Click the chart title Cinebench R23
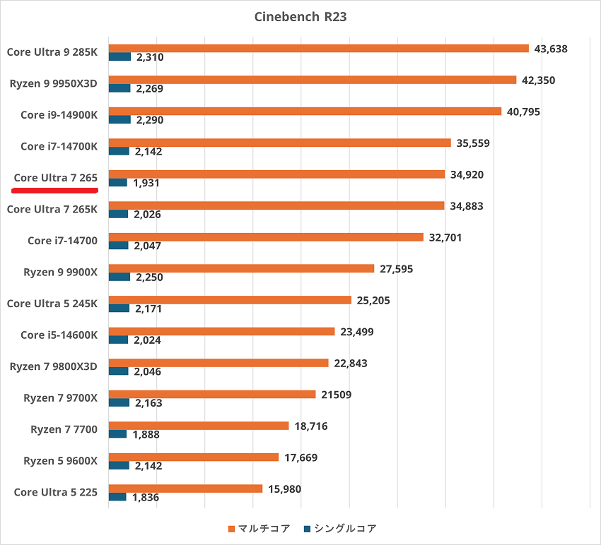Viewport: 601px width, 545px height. coord(300,16)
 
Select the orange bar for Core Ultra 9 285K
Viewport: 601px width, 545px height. coord(318,48)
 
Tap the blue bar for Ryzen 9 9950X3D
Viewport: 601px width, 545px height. coord(119,88)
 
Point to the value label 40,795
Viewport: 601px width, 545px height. coord(523,112)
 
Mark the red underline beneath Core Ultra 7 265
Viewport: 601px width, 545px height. coord(55,190)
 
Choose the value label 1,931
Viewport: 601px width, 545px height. coord(147,183)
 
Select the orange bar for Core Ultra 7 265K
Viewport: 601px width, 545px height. coord(276,206)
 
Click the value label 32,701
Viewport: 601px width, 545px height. coord(445,238)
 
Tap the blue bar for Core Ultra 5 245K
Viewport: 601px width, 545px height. coord(119,309)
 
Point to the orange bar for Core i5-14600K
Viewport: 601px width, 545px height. coord(221,332)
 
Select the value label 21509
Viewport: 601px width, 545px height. coord(336,395)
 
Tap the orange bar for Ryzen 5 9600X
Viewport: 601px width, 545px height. coord(194,457)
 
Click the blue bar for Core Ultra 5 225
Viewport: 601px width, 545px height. coord(117,497)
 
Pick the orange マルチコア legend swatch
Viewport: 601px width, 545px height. coord(231,529)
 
